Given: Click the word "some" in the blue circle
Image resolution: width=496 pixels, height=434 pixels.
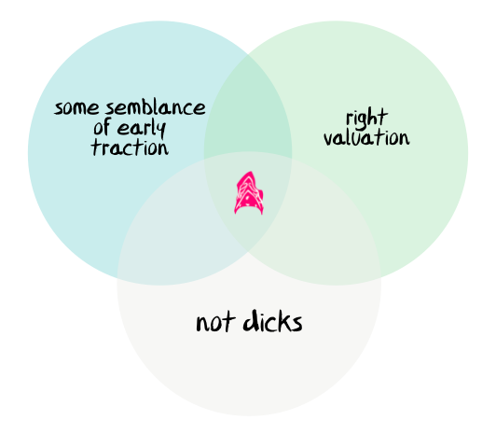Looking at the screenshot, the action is tap(76, 108).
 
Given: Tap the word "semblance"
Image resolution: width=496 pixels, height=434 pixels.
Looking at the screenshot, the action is tap(156, 108).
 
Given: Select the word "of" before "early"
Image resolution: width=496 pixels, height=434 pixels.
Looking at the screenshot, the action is tap(102, 127).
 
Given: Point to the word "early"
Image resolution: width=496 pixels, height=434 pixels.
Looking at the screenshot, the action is tap(142, 129).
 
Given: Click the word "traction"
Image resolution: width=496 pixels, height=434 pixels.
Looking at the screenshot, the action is tap(130, 147).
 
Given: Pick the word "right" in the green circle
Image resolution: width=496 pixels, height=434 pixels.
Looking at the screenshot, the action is tap(367, 119).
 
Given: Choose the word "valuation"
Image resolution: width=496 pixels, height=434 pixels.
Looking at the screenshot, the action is tap(366, 138).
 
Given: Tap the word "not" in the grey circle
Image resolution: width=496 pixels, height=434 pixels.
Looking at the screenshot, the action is tap(215, 322).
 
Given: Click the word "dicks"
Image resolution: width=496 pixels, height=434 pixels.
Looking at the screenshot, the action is tap(272, 321).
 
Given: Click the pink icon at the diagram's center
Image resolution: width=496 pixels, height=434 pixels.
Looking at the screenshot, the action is tap(249, 193).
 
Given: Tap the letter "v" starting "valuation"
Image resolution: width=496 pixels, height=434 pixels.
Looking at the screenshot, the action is tap(329, 139).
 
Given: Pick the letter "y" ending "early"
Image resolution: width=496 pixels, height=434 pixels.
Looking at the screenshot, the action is tap(161, 130).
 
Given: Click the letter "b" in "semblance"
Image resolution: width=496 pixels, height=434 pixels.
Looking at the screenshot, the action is tap(150, 107).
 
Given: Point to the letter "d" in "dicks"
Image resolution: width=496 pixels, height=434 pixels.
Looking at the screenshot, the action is tap(250, 320).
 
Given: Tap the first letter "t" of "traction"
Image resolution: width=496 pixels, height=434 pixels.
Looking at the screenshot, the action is tap(96, 147).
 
